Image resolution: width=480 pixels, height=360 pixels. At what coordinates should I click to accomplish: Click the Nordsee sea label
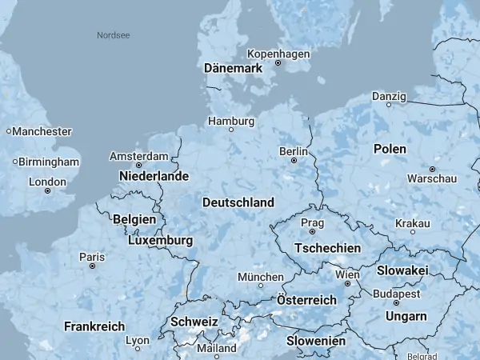(113, 35)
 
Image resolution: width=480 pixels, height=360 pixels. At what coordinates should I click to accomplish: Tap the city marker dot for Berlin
(294, 160)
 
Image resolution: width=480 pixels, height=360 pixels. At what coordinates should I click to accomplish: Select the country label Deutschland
(238, 202)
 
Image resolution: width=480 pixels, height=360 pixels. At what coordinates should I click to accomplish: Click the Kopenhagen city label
(278, 54)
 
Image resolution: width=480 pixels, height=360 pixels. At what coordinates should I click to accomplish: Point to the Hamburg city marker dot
(231, 130)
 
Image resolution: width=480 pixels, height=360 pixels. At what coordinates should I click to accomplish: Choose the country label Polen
(390, 149)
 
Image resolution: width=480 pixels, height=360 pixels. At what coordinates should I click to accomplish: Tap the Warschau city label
(431, 178)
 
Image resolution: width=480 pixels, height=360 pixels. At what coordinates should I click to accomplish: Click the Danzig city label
(389, 96)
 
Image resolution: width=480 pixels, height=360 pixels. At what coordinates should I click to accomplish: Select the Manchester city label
(42, 131)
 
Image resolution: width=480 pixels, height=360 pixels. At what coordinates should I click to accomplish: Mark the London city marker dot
(47, 190)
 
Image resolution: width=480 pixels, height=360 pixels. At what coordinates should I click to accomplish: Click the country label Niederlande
(154, 175)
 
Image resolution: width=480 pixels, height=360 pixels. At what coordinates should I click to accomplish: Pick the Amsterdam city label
(138, 156)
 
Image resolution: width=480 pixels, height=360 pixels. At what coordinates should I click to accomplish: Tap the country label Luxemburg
(160, 240)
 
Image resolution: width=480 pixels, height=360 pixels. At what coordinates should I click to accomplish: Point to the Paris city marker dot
(92, 266)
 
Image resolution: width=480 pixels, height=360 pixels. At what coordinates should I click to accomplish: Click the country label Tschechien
(327, 248)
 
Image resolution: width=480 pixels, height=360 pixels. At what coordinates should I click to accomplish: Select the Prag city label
(312, 222)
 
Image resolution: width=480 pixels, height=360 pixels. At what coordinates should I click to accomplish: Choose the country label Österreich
(306, 300)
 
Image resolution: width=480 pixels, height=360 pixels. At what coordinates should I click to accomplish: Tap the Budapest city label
(396, 294)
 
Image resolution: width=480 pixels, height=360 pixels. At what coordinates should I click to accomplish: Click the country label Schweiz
(194, 322)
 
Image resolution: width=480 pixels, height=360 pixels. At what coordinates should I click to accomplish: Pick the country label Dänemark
(233, 69)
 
